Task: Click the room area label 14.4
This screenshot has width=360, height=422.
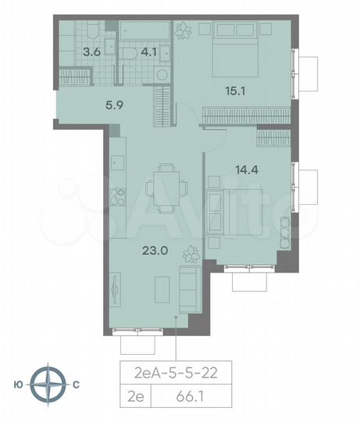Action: [x=245, y=166]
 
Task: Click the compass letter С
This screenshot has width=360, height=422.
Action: [x=76, y=384]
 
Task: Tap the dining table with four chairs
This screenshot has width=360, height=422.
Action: [x=165, y=188]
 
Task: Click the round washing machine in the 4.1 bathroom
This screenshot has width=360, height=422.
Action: [x=162, y=75]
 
